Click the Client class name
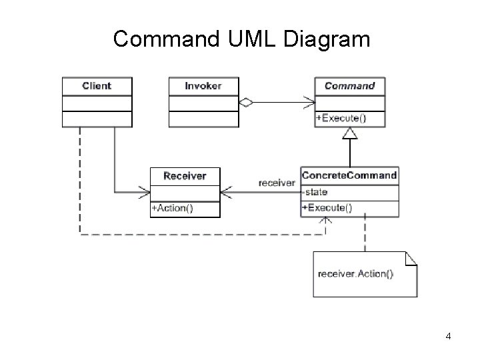point(97,86)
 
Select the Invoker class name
point(203,86)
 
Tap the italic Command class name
point(349,86)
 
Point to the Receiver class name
point(185,176)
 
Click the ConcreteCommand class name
point(349,176)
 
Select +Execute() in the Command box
point(341,119)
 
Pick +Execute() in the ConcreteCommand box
point(327,207)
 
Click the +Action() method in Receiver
point(172,208)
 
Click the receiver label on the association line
point(277,183)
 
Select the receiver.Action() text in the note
point(355,273)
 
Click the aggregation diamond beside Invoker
point(246,103)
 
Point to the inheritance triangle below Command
point(349,133)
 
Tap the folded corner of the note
point(411,257)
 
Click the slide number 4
point(449,336)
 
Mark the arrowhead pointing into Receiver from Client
point(144,193)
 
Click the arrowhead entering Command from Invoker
point(309,103)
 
